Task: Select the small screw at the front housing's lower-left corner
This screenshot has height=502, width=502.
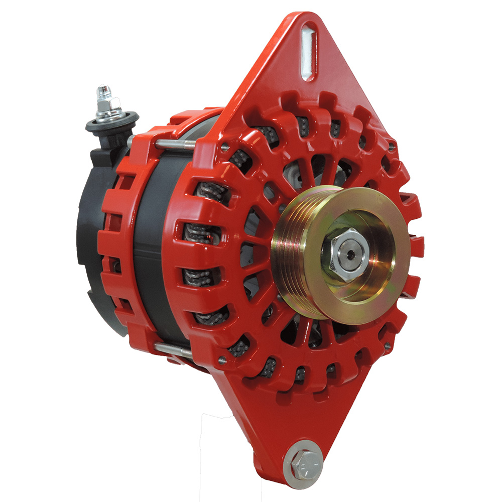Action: (x=221, y=359)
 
